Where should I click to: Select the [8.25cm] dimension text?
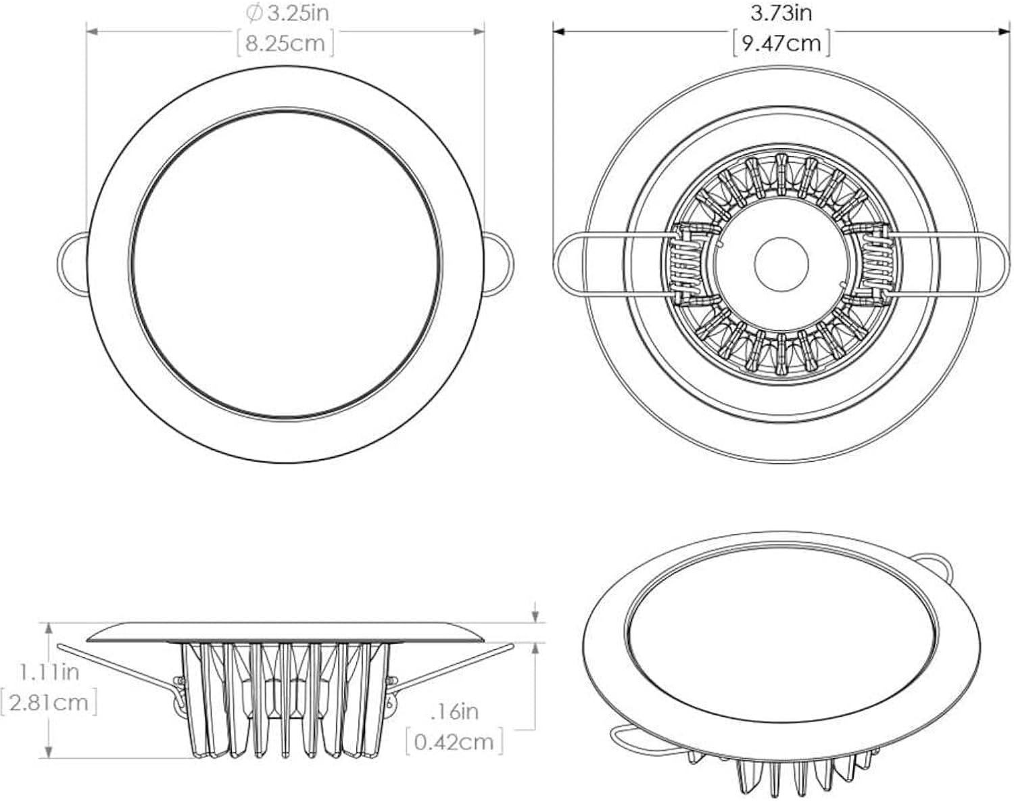285,44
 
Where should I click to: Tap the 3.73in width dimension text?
781,12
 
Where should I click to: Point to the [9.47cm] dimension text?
781,44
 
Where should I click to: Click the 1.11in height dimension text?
49,672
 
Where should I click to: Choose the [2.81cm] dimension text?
49,702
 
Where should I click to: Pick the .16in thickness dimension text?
454,711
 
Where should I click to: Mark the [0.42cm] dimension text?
454,742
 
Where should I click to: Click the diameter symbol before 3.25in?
254,12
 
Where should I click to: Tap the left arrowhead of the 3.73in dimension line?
558,30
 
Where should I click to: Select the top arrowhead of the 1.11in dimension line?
49,627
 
